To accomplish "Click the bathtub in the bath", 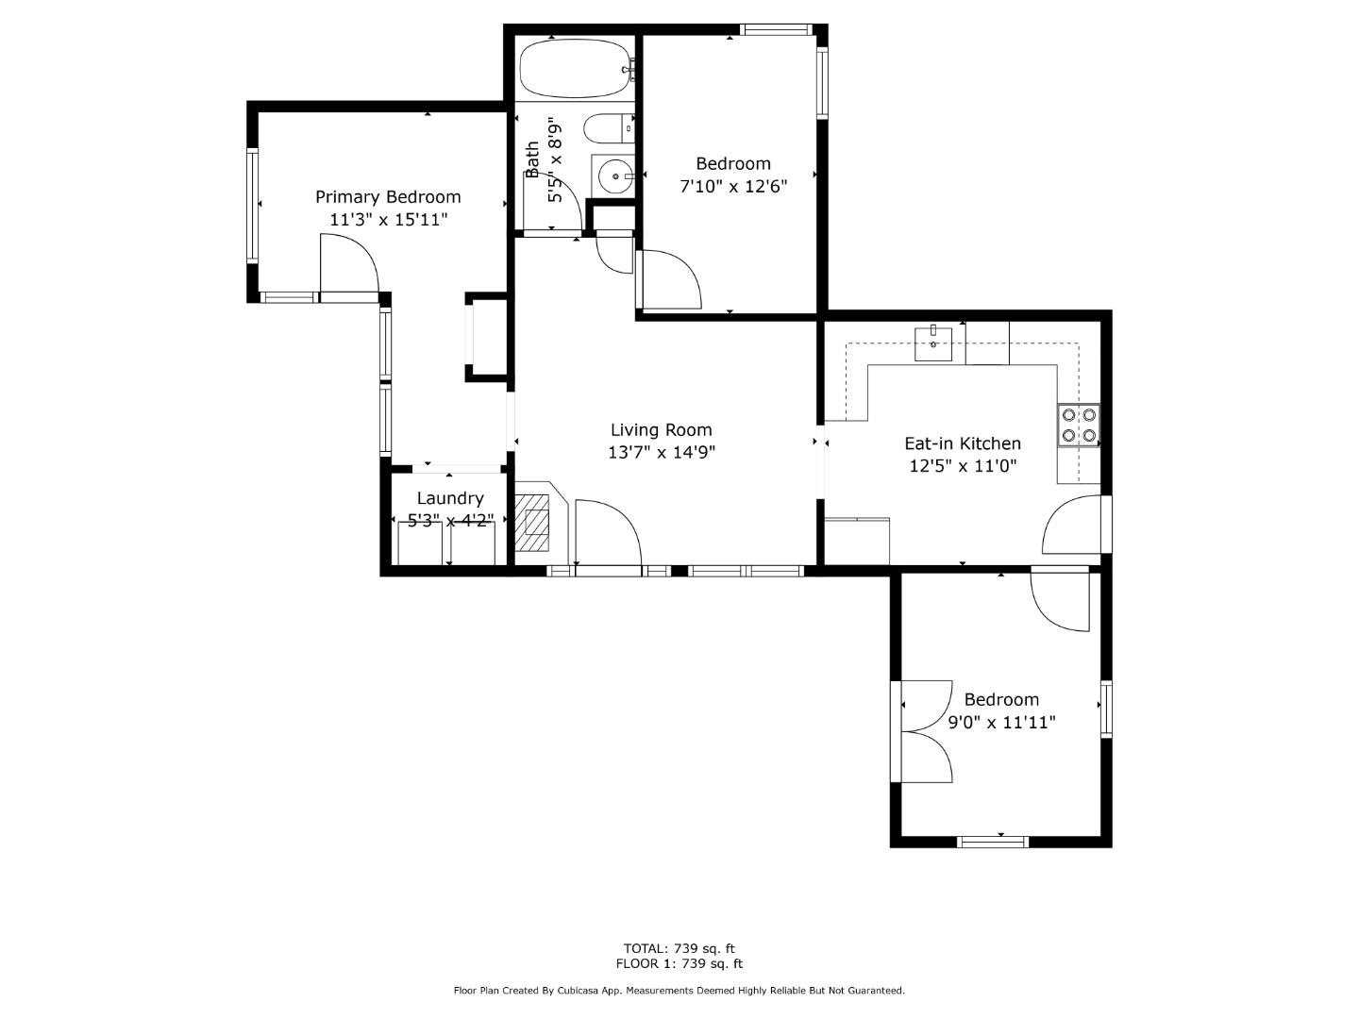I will (574, 68).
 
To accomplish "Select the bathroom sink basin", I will (614, 175).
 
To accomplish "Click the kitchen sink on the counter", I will (933, 342).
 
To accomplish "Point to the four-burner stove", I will (1079, 424).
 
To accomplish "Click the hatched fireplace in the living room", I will (536, 523).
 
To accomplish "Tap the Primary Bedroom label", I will (388, 196).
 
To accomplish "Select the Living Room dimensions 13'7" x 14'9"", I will (661, 452).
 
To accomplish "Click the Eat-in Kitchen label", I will (962, 443).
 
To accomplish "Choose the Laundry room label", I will (450, 498).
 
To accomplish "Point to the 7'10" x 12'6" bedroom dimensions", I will (732, 186).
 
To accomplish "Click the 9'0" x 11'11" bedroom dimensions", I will (1000, 722).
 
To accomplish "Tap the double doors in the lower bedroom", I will (925, 731).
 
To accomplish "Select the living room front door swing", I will (607, 533).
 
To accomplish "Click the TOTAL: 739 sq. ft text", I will (679, 948).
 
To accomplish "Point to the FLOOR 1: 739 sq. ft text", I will (679, 963).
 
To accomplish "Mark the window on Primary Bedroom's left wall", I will (253, 206).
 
